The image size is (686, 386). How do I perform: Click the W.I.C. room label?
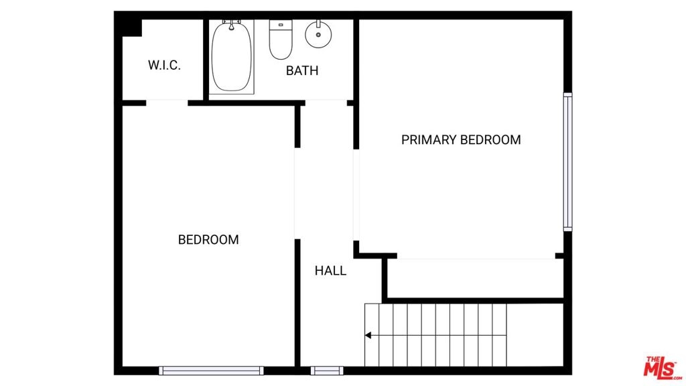(164, 65)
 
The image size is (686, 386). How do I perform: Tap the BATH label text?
(302, 70)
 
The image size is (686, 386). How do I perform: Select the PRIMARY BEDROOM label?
(461, 139)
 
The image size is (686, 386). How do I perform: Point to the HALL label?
(330, 271)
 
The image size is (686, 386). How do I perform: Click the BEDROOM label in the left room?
(208, 239)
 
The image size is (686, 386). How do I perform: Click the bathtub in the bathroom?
(231, 57)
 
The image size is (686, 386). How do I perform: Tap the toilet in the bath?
(281, 40)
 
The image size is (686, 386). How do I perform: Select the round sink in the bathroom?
(318, 34)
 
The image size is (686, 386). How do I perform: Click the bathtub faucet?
(231, 24)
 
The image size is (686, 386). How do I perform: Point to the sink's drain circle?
(318, 35)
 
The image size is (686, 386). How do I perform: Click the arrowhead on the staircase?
(368, 335)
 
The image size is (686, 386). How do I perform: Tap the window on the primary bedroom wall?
(567, 162)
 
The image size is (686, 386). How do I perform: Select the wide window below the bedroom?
(211, 371)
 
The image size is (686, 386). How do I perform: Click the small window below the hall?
(327, 371)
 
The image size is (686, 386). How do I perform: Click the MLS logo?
(662, 367)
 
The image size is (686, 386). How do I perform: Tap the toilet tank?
(281, 25)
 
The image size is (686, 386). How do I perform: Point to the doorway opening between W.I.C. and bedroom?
(167, 103)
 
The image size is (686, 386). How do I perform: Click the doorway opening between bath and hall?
(326, 103)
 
